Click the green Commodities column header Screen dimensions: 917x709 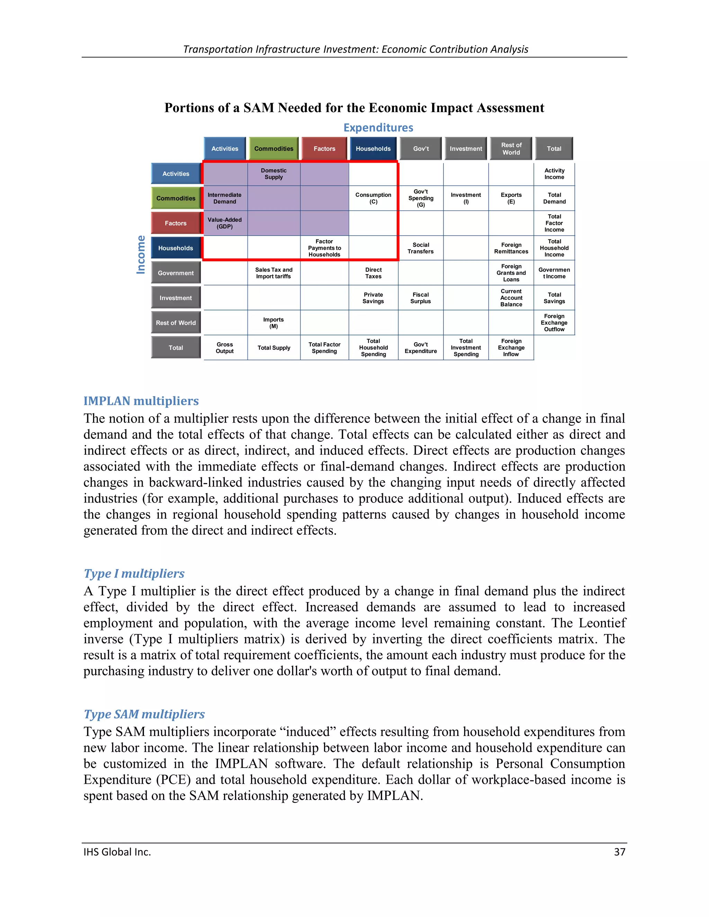coord(273,149)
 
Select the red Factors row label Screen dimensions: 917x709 coord(176,223)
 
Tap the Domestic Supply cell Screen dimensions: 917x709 coord(273,174)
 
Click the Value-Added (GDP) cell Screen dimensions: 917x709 coord(225,223)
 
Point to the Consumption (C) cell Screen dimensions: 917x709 coord(373,198)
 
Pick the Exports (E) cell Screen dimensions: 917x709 coord(511,198)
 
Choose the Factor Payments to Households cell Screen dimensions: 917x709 coord(324,248)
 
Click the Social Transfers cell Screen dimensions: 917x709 coord(420,248)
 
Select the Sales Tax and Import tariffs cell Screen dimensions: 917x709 coord(273,273)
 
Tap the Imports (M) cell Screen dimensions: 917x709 coord(273,323)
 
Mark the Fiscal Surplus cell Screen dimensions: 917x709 coord(420,298)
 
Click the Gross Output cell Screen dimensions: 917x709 coord(225,348)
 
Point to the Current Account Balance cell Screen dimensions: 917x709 coord(511,298)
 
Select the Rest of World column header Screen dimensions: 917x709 coord(511,149)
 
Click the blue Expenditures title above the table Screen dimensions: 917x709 coord(378,128)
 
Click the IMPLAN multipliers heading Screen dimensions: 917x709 coord(141,401)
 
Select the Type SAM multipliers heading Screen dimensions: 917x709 coord(144,714)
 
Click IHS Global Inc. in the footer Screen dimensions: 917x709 coord(117,852)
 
